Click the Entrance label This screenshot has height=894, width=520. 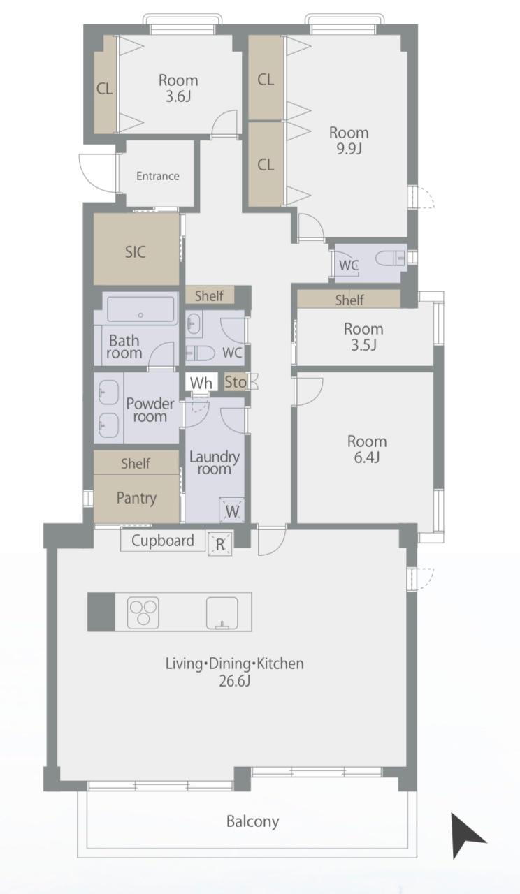tap(158, 176)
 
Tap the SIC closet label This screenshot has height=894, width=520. tap(136, 252)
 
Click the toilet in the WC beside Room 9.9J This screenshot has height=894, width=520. tap(390, 258)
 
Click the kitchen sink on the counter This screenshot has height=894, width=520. tap(222, 613)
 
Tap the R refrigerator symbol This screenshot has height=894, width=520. tap(220, 544)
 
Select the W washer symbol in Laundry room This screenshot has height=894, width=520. tap(232, 510)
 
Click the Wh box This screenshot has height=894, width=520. tap(201, 383)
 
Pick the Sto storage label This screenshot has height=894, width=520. tap(236, 382)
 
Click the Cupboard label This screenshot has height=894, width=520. tap(163, 541)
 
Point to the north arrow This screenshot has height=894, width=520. tap(466, 835)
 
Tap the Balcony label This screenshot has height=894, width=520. tap(252, 821)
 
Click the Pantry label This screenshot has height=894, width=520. tap(136, 498)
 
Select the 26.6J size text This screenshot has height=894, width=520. tap(234, 681)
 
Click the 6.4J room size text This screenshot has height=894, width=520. tap(367, 457)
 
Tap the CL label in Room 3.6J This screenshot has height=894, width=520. tap(105, 89)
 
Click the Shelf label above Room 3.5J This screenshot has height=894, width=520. tap(349, 300)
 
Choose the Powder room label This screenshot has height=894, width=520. tap(150, 410)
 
